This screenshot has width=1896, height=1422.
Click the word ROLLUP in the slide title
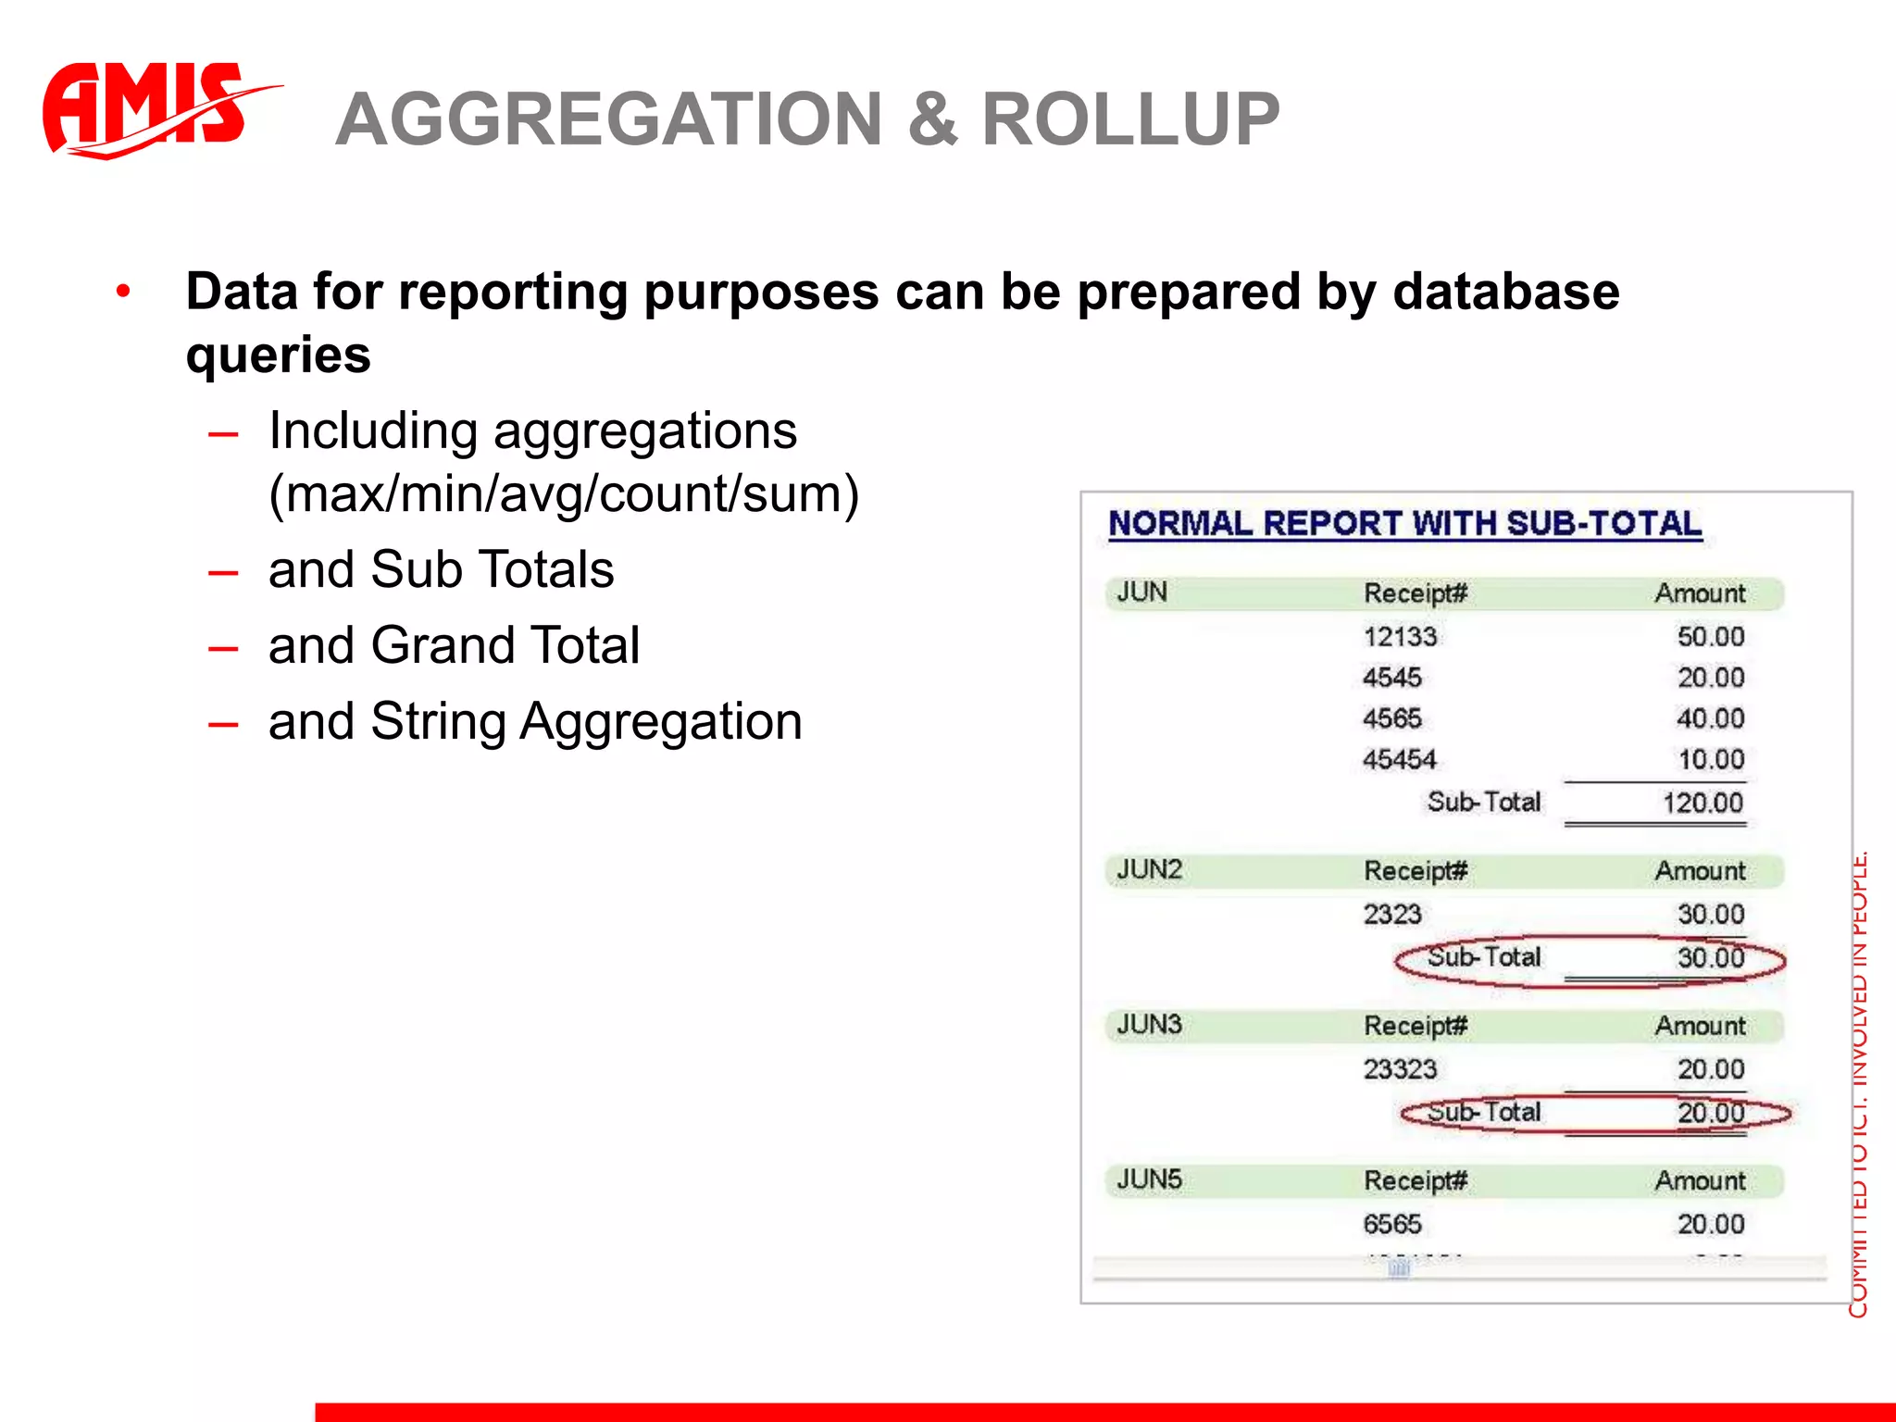1130,120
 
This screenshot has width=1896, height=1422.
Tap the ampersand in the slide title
932,120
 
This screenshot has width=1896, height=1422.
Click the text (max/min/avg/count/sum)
564,494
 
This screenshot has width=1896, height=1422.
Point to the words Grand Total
505,645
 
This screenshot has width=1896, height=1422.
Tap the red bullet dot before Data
123,293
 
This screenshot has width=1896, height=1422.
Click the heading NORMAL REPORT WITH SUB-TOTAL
1404,524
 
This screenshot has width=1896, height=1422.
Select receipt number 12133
1400,637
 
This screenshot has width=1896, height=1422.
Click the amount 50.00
1710,637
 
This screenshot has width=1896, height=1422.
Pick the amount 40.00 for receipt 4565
1710,718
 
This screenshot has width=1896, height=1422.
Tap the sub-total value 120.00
1703,803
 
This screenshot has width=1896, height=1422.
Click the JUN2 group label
1149,870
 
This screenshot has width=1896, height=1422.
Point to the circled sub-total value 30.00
1710,957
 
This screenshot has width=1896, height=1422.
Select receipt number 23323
1400,1069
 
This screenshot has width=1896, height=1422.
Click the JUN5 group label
1149,1179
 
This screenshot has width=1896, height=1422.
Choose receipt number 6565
1391,1224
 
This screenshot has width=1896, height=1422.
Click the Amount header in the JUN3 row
1700,1026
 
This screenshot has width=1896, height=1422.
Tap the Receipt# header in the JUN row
1415,593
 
